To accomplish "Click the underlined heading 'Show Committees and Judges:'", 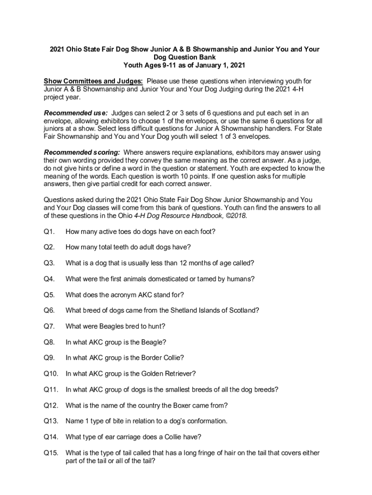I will [x=93, y=81].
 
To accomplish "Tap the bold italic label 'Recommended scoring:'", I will [x=82, y=152].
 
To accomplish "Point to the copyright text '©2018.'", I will [x=235, y=216].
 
